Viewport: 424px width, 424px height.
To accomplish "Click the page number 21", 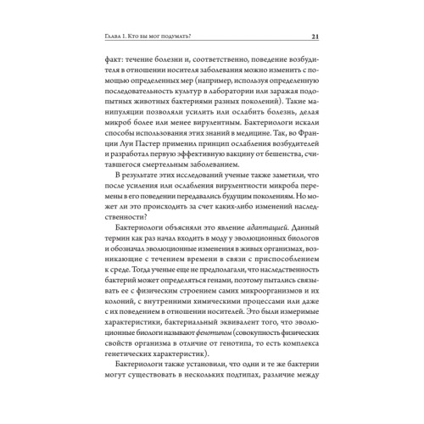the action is point(315,35).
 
